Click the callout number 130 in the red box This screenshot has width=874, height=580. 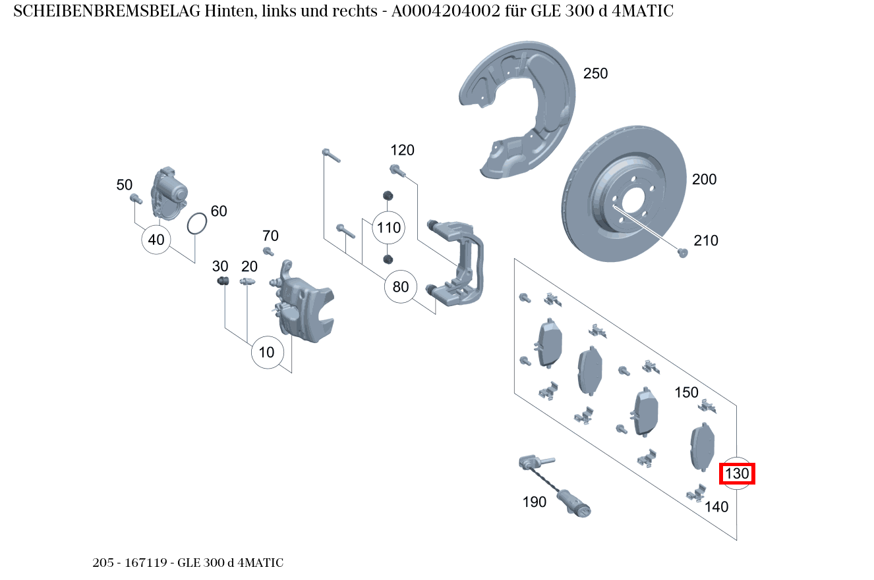[737, 473]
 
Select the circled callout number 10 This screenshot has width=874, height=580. [266, 352]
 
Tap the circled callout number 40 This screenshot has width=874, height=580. [156, 240]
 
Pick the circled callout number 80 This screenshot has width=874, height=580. [401, 287]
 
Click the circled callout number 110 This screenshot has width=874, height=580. [388, 228]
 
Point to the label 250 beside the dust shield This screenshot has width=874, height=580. [595, 74]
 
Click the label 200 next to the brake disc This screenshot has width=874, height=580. [704, 179]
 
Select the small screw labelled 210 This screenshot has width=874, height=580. [683, 252]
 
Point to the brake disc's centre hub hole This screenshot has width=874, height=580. [633, 200]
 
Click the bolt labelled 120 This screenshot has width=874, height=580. [397, 171]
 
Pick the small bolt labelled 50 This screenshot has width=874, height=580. [136, 198]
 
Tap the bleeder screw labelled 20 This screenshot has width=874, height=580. [247, 282]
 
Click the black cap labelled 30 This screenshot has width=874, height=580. [223, 282]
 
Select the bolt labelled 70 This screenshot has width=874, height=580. [268, 251]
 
